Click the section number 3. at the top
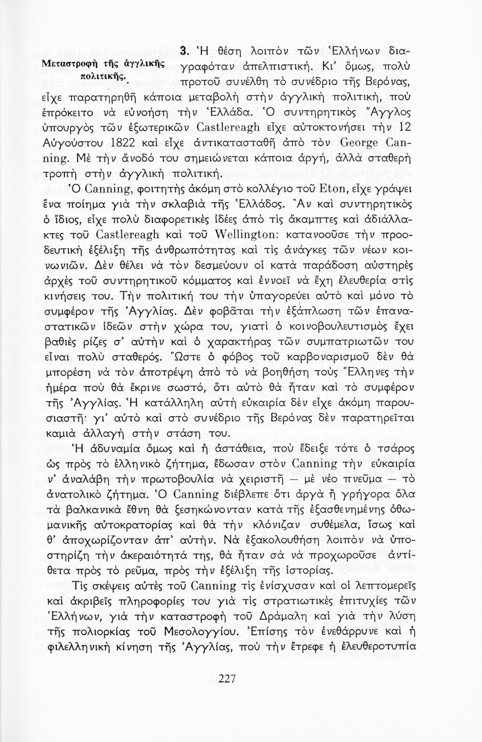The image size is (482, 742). point(183,50)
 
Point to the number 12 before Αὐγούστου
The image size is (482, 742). point(405,127)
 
